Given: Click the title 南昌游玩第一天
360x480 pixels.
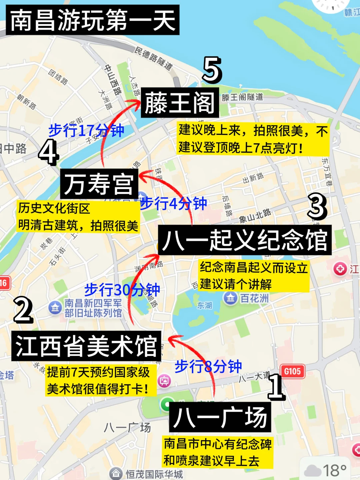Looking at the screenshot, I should (92, 20).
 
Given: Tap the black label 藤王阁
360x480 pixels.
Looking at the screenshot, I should (180, 103).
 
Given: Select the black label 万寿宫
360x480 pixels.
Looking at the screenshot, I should (99, 184).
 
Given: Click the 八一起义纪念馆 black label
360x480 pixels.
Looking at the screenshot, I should (245, 240).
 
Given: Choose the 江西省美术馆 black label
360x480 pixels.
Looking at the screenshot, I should (86, 346).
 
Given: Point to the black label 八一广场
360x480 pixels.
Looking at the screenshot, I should (220, 417).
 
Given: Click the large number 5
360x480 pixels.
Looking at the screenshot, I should (212, 70).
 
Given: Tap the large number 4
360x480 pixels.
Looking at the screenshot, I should (49, 152).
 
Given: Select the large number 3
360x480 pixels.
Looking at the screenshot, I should (317, 207).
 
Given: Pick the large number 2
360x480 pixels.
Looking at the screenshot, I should (23, 310).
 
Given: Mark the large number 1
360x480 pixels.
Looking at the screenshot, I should (276, 387).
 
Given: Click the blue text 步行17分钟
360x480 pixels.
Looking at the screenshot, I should (86, 130).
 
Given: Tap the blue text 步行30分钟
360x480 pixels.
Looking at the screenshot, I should (122, 290).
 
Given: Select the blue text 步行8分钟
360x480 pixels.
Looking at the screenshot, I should (208, 366).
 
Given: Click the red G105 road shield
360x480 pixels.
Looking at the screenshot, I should (292, 371).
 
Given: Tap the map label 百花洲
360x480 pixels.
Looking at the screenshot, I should (254, 298).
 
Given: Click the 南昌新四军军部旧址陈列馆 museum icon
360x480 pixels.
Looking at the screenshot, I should (55, 308).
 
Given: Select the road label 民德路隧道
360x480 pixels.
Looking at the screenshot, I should (154, 58).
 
